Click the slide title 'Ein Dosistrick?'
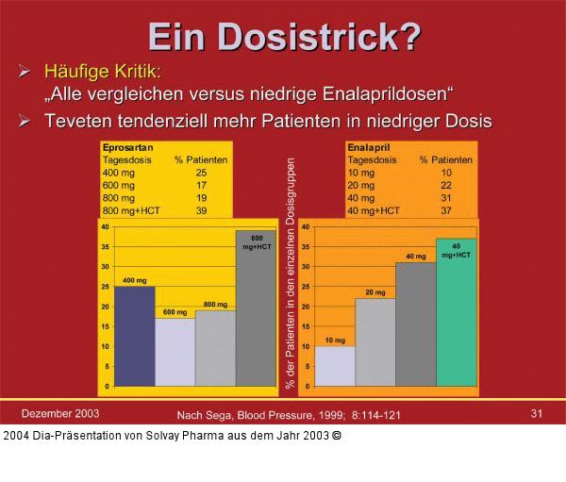[x=283, y=35]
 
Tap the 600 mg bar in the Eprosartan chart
[x=175, y=352]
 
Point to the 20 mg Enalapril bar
[x=375, y=342]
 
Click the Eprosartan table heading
[x=127, y=148]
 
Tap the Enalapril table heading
[x=369, y=148]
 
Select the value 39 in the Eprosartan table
[x=201, y=210]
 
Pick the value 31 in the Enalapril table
[x=446, y=198]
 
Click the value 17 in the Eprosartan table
[x=201, y=186]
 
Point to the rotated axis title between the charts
[x=291, y=274]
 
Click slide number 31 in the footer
[x=537, y=413]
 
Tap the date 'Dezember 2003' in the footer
[x=60, y=413]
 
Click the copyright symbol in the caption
[x=337, y=435]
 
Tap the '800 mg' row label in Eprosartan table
[x=120, y=198]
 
